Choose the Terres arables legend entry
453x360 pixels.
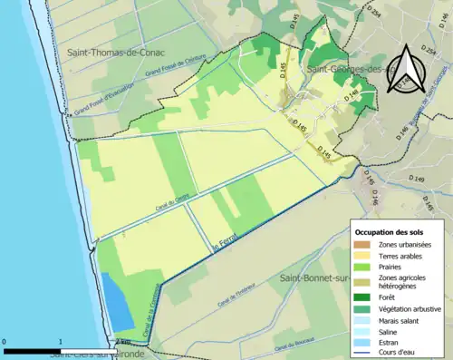[398, 257]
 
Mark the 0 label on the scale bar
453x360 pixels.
[5, 343]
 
